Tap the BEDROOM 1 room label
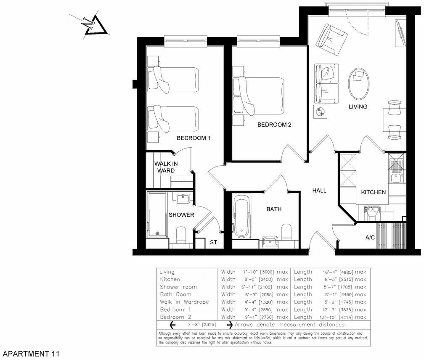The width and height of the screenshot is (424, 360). point(193,138)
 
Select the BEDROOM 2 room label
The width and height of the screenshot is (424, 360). point(274,125)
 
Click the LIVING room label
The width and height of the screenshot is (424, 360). point(358,106)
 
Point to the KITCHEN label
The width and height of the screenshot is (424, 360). point(374,192)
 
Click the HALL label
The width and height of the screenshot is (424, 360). point(319,191)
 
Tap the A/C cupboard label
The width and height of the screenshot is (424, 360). point(370,238)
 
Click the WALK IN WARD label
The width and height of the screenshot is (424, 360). point(164,167)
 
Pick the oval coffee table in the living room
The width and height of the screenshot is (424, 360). point(359,82)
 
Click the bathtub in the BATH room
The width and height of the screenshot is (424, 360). point(241,217)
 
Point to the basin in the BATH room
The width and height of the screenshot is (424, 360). point(268,241)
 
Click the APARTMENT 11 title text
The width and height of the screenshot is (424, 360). point(30,354)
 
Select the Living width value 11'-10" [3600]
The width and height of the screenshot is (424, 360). point(254,272)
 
